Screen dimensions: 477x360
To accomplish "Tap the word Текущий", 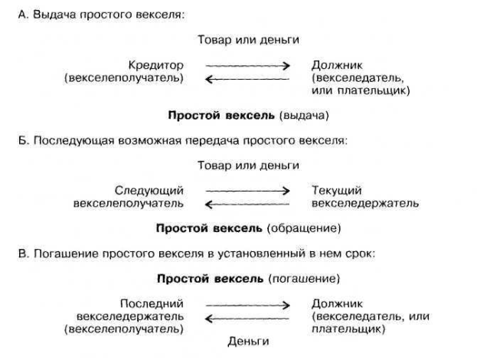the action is click(x=338, y=191).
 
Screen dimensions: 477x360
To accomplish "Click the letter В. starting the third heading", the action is click(x=23, y=252).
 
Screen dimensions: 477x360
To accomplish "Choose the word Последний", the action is click(x=152, y=303).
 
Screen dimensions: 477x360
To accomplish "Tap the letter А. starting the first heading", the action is click(x=23, y=15).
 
